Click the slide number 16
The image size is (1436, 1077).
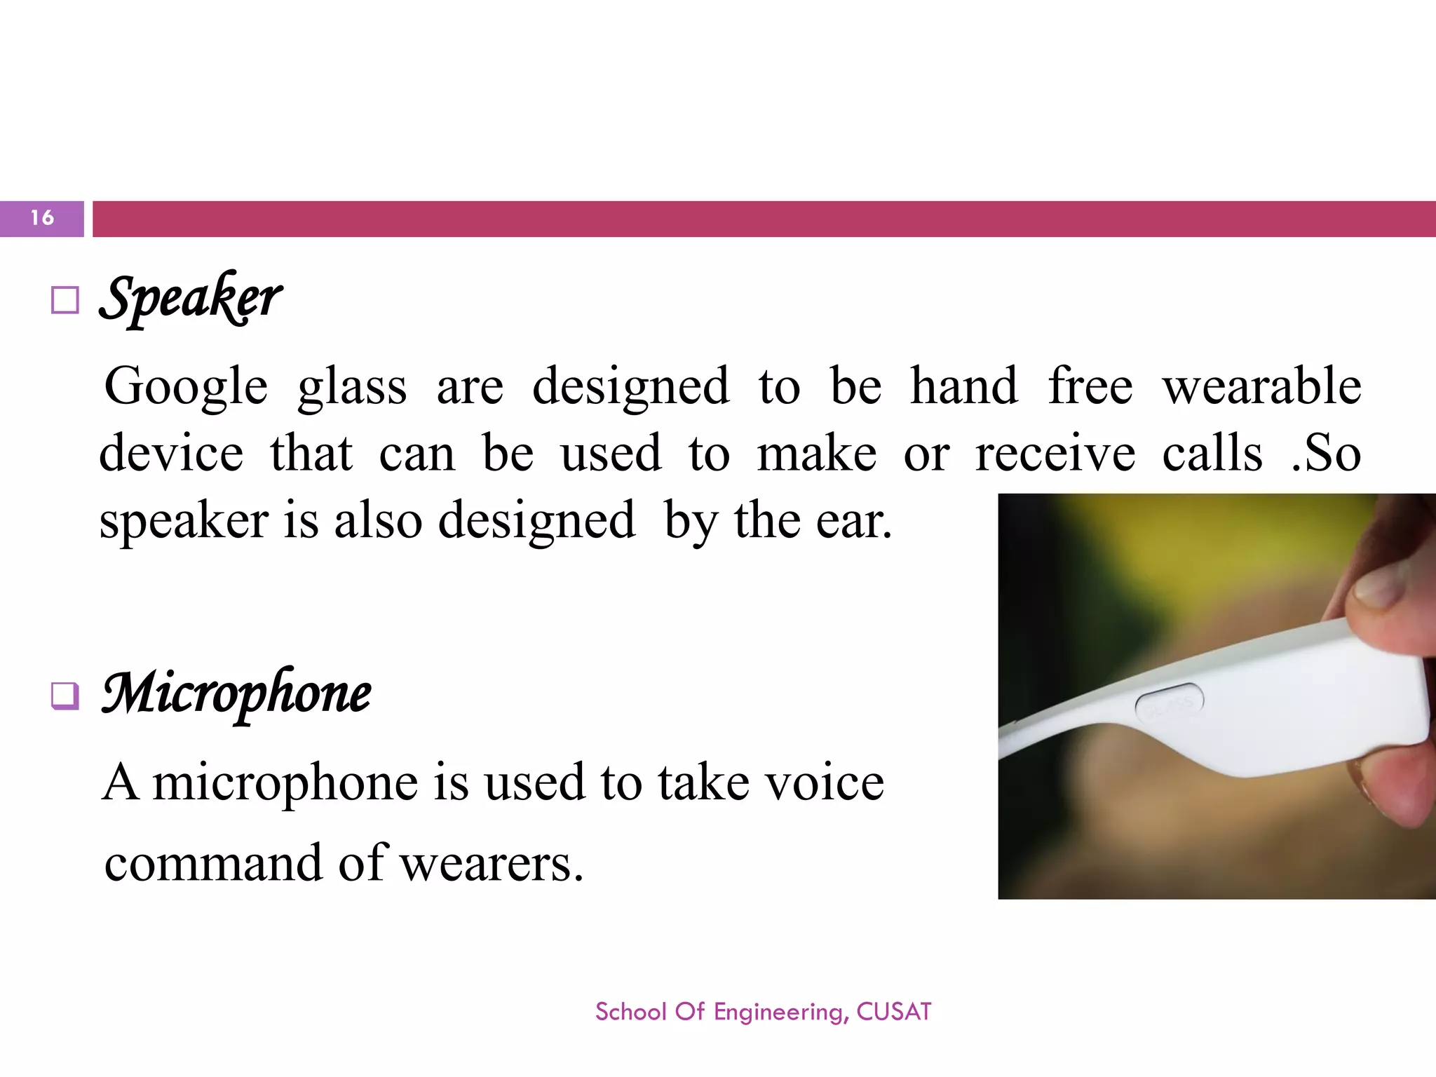[x=42, y=218]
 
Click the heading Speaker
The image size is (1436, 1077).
[x=191, y=298]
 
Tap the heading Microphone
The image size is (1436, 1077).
[x=236, y=693]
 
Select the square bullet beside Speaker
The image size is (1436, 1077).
[x=65, y=301]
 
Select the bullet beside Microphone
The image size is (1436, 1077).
[x=65, y=696]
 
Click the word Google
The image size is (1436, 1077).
[x=186, y=387]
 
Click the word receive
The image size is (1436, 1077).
[x=1055, y=454]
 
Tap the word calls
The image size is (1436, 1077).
[x=1212, y=454]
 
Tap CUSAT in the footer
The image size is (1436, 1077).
[x=894, y=1012]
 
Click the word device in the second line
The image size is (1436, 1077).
[x=171, y=454]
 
